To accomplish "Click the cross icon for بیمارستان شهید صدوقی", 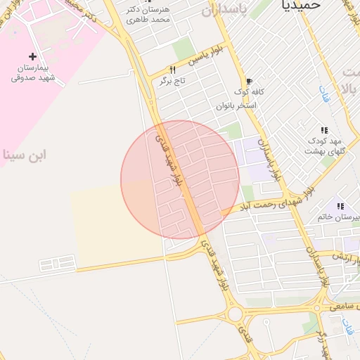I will (32, 56).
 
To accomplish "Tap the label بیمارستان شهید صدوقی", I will (38, 73).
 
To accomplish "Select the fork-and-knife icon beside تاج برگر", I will (172, 70).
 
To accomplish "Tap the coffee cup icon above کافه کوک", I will (249, 81).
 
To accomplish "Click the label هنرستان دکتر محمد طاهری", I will (148, 14).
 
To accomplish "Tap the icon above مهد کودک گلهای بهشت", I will (324, 130).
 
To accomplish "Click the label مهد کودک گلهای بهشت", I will (324, 146).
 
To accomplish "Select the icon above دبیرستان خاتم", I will (340, 206).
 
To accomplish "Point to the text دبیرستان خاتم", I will (340, 217).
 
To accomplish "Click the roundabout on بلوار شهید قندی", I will (234, 313).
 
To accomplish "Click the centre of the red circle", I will (180, 180).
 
